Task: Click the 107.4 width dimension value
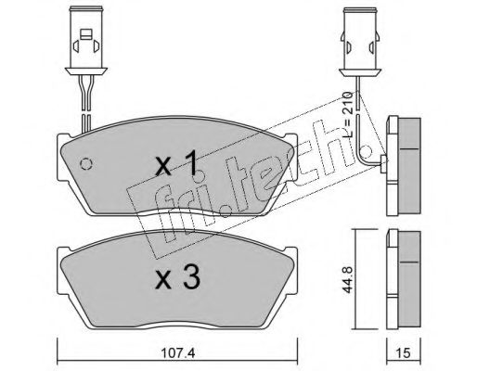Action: [x=178, y=352]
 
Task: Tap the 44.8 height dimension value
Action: [x=347, y=280]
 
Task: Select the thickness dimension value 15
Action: [x=403, y=352]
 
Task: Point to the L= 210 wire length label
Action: [x=348, y=114]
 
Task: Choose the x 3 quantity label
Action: [x=178, y=277]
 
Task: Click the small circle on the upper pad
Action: [x=86, y=164]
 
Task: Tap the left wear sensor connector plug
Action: [x=86, y=41]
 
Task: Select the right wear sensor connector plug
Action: [x=359, y=41]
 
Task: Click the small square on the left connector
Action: [x=86, y=34]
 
